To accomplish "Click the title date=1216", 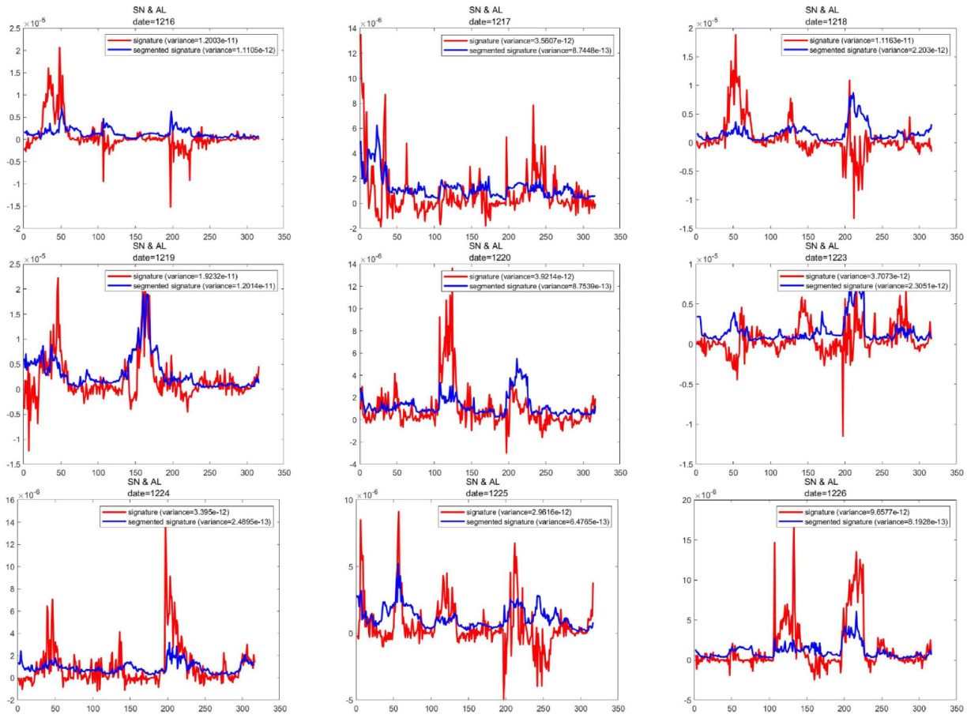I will click(149, 17).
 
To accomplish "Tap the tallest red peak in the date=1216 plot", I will click(59, 47).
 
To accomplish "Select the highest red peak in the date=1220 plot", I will click(452, 269).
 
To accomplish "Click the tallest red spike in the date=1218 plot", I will click(736, 34).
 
